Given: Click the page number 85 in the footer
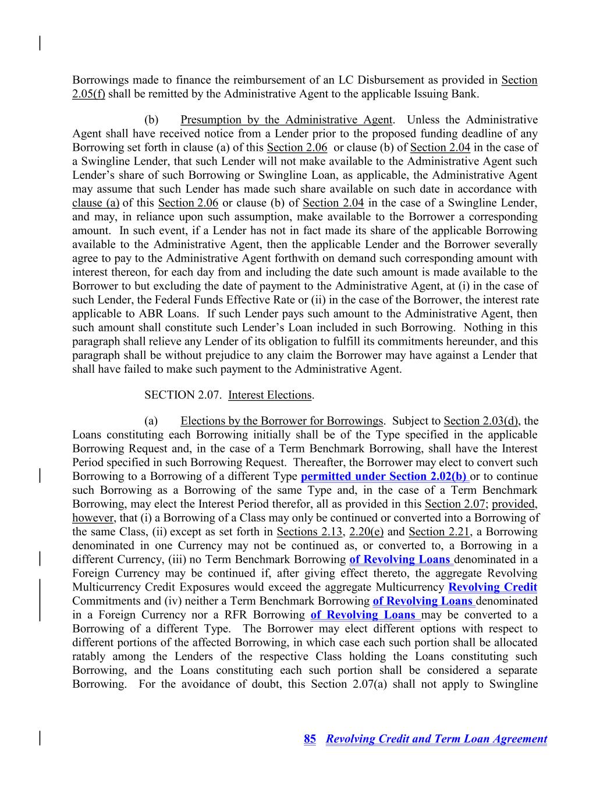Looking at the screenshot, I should click(x=310, y=739).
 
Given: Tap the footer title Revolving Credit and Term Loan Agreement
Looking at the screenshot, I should click(x=436, y=739).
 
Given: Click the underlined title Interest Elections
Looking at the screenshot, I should click(x=270, y=395).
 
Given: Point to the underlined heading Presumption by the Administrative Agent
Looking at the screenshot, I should click(x=286, y=120).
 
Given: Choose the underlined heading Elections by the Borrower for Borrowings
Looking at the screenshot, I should click(x=282, y=421).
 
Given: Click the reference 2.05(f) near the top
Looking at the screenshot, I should click(x=88, y=94).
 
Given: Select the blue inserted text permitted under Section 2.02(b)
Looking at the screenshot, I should click(x=384, y=476).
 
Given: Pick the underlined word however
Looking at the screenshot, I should click(x=93, y=518).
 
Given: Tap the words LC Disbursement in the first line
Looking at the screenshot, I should click(x=421, y=80).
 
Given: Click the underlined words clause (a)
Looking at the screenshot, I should click(x=95, y=203).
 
